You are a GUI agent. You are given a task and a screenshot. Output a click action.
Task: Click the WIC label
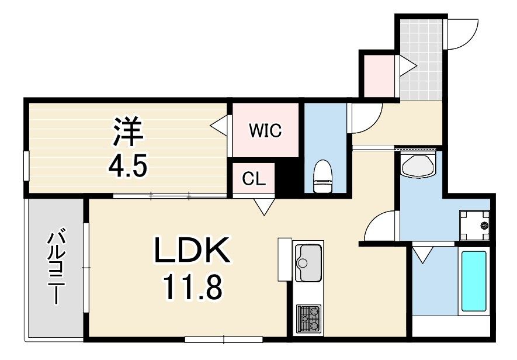pyautogui.click(x=266, y=131)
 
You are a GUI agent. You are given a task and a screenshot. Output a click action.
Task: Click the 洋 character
pyautogui.click(x=128, y=132)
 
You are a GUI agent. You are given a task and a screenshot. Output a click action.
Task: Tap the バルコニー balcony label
pyautogui.click(x=56, y=268)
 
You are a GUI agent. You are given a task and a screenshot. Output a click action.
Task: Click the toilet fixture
pyautogui.click(x=322, y=176)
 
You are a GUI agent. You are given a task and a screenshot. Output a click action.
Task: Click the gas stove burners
pyautogui.click(x=308, y=319)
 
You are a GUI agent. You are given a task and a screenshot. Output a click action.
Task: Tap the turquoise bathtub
pyautogui.click(x=474, y=281)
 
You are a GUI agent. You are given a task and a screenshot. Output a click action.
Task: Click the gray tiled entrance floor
pyautogui.click(x=421, y=58)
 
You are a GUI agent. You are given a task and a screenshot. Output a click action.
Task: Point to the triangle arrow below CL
pyautogui.click(x=264, y=205)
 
